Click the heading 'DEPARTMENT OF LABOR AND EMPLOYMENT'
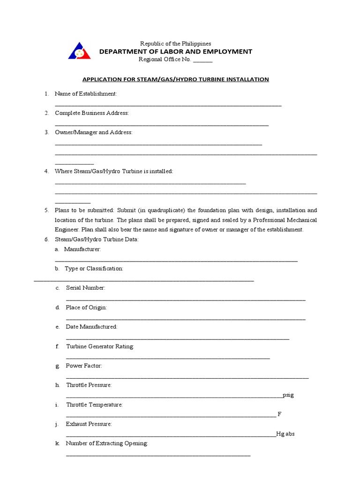[x=175, y=52]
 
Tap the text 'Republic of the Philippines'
[x=175, y=44]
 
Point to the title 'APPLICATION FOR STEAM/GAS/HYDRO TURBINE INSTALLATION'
[x=176, y=79]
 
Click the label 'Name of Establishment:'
[x=86, y=94]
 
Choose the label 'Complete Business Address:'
[x=92, y=113]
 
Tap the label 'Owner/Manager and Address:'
[x=94, y=133]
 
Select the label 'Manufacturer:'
[x=82, y=249]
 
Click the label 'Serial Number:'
[x=86, y=288]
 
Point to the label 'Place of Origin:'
[x=86, y=307]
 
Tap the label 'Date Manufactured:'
[x=91, y=327]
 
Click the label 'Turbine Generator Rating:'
[x=100, y=346]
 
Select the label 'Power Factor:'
[x=84, y=366]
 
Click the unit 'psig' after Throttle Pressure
[x=288, y=395]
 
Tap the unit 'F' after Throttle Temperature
[x=279, y=414]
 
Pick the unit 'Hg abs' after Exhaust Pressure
[x=285, y=434]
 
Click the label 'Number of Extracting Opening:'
[x=107, y=443]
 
